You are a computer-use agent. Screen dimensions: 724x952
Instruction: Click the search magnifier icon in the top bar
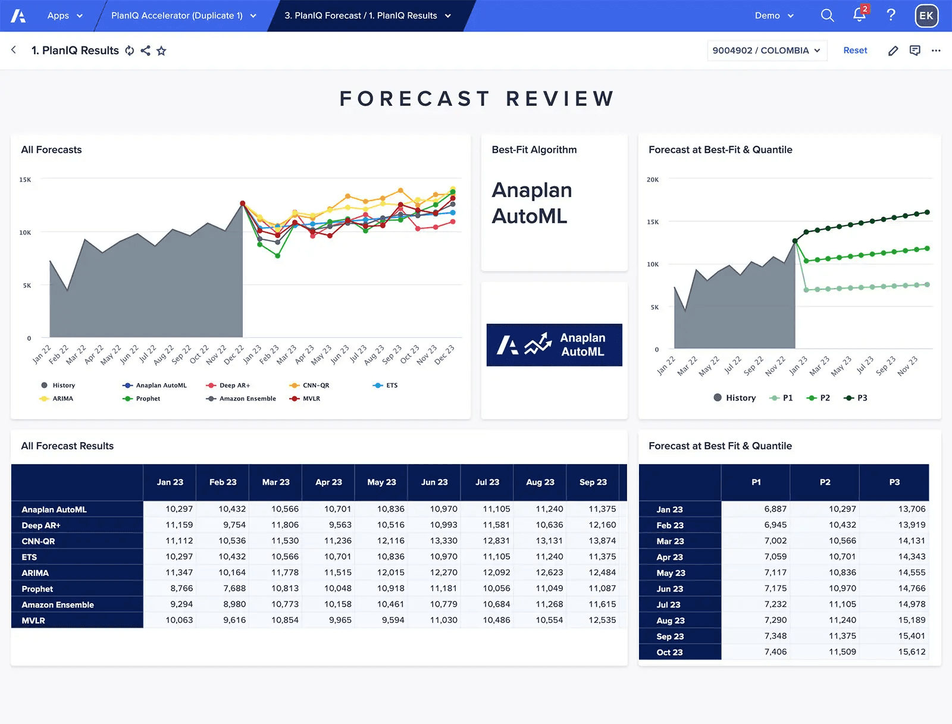(x=827, y=15)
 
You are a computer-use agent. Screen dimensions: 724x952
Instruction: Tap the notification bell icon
(x=859, y=15)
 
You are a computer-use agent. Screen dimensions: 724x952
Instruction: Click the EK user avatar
(x=926, y=16)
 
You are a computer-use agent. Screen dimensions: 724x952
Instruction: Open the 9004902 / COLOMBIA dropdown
(x=766, y=51)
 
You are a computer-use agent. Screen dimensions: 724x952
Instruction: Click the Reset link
(x=855, y=51)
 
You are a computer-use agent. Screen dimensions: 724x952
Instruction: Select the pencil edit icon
(x=892, y=51)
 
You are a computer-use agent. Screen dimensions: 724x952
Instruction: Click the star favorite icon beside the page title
(x=161, y=51)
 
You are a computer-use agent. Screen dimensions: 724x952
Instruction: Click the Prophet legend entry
(x=148, y=399)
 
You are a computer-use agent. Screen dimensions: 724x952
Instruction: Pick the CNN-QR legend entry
(x=315, y=385)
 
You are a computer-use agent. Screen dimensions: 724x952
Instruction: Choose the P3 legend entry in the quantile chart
(x=862, y=398)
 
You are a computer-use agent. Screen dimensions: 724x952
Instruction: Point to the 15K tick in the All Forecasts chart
(x=25, y=180)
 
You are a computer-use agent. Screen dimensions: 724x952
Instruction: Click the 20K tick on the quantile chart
(x=653, y=180)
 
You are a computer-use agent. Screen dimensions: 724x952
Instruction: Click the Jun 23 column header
(x=434, y=482)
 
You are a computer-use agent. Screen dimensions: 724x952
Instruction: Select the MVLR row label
(x=33, y=620)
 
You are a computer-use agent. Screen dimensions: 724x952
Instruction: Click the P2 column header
(x=825, y=482)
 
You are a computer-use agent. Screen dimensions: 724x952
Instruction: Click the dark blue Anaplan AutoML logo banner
(x=554, y=345)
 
